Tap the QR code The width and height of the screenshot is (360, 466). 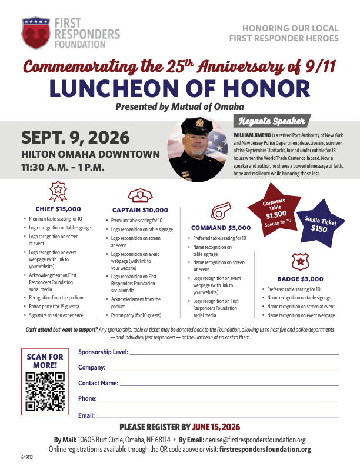click(45, 392)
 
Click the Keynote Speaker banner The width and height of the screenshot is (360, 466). click(271, 122)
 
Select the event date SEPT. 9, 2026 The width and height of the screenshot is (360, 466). click(75, 138)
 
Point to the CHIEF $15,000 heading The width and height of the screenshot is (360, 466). click(58, 208)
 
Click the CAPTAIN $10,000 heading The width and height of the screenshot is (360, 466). click(139, 210)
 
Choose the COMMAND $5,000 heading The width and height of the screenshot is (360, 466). click(221, 227)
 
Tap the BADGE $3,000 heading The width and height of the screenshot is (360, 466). click(300, 279)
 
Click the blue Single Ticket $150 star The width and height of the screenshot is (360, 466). click(319, 224)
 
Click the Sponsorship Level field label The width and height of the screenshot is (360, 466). click(103, 352)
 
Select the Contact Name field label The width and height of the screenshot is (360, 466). click(98, 383)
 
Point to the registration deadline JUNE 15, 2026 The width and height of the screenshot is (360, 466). click(216, 427)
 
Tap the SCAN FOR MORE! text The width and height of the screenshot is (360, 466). click(45, 361)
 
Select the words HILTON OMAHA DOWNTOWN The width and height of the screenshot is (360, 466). click(90, 155)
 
